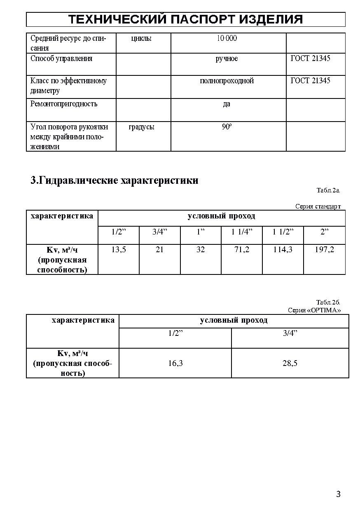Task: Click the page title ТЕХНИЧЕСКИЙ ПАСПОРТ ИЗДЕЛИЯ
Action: pyautogui.click(x=185, y=19)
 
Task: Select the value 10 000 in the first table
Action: pyautogui.click(x=227, y=38)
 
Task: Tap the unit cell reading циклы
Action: pyautogui.click(x=141, y=38)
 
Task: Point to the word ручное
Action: pyautogui.click(x=227, y=59)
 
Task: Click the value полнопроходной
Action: pyautogui.click(x=227, y=81)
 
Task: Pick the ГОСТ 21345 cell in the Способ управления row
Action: pyautogui.click(x=310, y=59)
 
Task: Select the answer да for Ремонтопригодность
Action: pyautogui.click(x=227, y=104)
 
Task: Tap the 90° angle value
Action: pyautogui.click(x=227, y=127)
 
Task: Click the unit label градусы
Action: pyautogui.click(x=141, y=127)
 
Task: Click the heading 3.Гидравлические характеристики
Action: pyautogui.click(x=115, y=180)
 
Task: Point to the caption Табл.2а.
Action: pyautogui.click(x=328, y=190)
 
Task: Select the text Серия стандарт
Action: pyautogui.click(x=318, y=206)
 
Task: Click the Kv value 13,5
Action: pyautogui.click(x=119, y=249)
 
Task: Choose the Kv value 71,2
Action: pyautogui.click(x=242, y=249)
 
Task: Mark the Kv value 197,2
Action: pyautogui.click(x=325, y=249)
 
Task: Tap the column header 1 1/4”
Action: pyautogui.click(x=242, y=232)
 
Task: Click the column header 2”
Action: pyautogui.click(x=325, y=232)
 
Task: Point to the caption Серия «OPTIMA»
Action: pyautogui.click(x=314, y=310)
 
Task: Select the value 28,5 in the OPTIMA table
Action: pyautogui.click(x=290, y=363)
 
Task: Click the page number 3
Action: pyautogui.click(x=338, y=495)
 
